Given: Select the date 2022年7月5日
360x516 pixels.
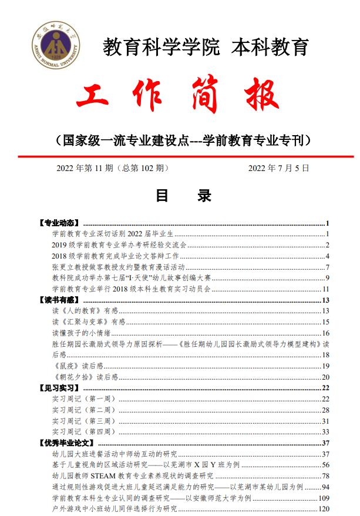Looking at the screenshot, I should tap(278, 168).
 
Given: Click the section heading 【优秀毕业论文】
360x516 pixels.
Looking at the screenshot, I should tap(65, 443).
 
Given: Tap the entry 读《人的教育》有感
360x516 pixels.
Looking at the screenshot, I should tap(85, 311).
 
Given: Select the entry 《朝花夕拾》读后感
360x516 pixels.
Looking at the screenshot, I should tap(85, 377).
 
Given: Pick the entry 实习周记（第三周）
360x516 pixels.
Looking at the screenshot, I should tap(80, 421).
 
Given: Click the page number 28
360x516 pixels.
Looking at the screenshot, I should tap(325, 410).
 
